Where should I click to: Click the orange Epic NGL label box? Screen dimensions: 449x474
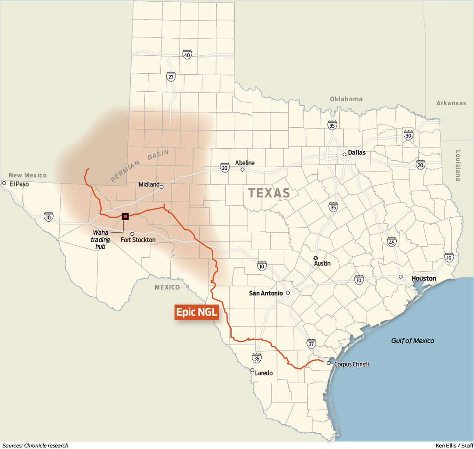pos(197,312)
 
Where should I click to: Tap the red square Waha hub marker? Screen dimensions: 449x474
pos(125,216)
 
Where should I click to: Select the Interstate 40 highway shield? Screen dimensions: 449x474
pos(187,54)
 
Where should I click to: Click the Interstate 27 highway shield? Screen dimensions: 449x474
pos(171,77)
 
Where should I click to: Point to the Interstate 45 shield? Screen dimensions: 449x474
pos(392,241)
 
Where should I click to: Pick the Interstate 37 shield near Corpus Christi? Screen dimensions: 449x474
pos(311,343)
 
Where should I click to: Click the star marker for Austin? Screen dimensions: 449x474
pos(316,258)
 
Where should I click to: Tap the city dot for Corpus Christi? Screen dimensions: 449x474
pos(328,363)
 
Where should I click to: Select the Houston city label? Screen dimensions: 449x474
pos(424,278)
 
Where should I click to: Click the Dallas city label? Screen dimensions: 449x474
pos(356,153)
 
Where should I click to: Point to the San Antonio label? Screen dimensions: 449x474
pos(266,293)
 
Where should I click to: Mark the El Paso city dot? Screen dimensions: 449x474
pos(4,183)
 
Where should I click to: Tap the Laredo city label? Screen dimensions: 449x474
pos(264,373)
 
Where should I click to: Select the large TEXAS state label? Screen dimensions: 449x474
pos(269,193)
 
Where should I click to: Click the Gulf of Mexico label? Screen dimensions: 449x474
pos(413,341)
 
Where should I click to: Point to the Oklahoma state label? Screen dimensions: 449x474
pos(346,99)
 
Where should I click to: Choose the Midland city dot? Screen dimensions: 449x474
pos(162,187)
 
